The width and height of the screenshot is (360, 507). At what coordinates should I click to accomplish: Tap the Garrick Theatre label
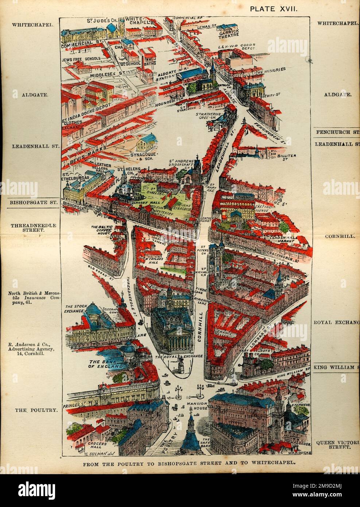pyautogui.click(x=229, y=33)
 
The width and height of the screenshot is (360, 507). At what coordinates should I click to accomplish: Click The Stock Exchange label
pyautogui.click(x=76, y=309)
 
